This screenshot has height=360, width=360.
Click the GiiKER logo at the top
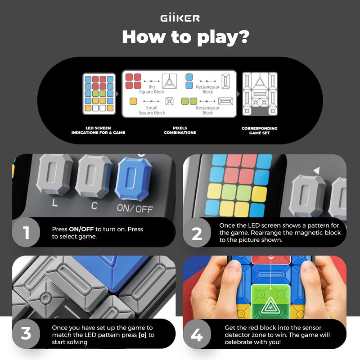(180, 18)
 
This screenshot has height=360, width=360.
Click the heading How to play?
(185, 37)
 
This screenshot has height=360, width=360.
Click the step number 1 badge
(27, 233)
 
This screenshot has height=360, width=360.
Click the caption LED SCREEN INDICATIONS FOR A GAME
(98, 130)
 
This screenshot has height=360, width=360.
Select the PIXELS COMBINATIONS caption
(180, 130)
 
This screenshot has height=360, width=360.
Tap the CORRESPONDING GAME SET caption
(259, 130)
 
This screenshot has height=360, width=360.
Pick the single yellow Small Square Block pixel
(133, 101)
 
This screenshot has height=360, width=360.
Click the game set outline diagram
(260, 94)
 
